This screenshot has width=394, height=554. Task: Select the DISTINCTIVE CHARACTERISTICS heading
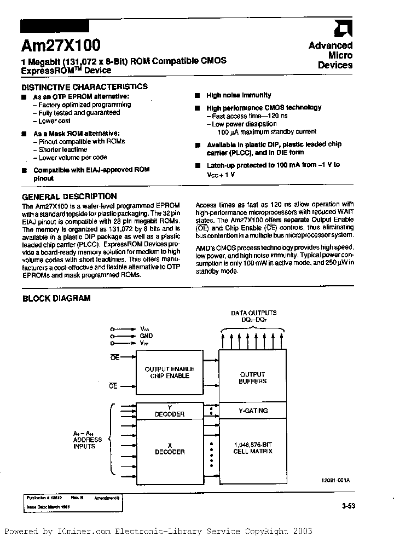84,86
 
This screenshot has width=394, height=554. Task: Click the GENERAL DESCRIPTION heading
69,197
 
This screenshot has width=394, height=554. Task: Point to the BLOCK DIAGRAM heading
56,298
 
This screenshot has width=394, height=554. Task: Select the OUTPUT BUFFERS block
252,378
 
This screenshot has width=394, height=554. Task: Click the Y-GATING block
252,410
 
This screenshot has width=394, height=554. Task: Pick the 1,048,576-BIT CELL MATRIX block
252,448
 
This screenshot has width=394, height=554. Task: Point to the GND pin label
146,336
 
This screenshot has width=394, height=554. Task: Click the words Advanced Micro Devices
331,55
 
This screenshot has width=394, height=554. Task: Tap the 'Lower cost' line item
54,120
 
